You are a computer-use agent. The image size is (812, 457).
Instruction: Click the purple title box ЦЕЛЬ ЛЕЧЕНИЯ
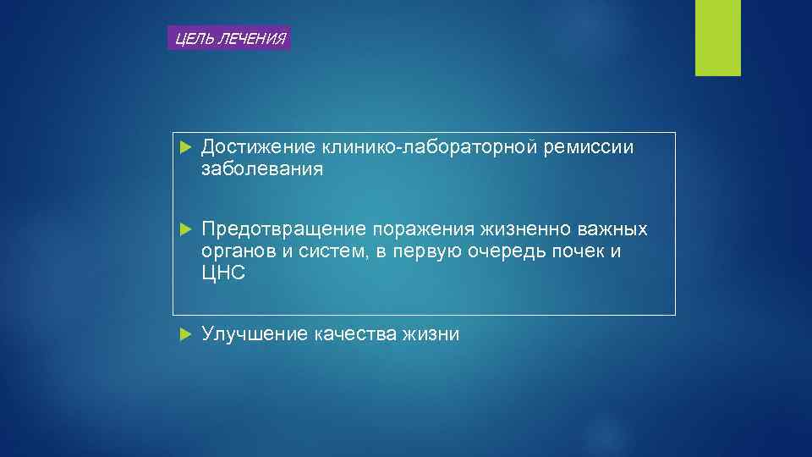229,38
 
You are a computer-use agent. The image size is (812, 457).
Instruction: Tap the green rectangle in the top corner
717,37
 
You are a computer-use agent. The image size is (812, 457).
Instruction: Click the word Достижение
257,148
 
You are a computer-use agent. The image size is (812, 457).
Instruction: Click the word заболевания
262,170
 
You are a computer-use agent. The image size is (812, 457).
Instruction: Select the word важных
617,229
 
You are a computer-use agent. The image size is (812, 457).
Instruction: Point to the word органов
237,251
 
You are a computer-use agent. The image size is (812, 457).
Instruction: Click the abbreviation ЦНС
223,273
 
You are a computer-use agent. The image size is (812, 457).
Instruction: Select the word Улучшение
255,334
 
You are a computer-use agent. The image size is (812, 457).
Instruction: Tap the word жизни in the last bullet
431,334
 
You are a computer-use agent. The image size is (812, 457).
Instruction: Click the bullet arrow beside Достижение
187,148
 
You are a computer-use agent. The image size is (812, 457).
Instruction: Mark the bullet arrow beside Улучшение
187,334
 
